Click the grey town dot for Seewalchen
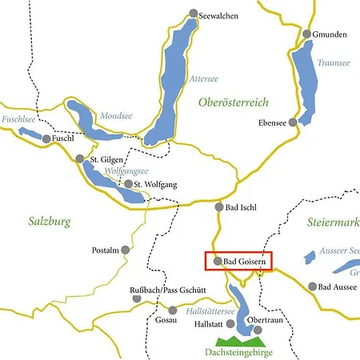pos(192,14)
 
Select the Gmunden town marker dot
pos(307,34)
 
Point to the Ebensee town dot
pos(293,123)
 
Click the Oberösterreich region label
pos(233,102)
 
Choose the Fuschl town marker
pos(46,139)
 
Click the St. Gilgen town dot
pos(80,159)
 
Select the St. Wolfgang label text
pos(155,185)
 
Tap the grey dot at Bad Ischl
pos(218,206)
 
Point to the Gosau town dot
pos(172,310)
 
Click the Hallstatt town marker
pos(231,324)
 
